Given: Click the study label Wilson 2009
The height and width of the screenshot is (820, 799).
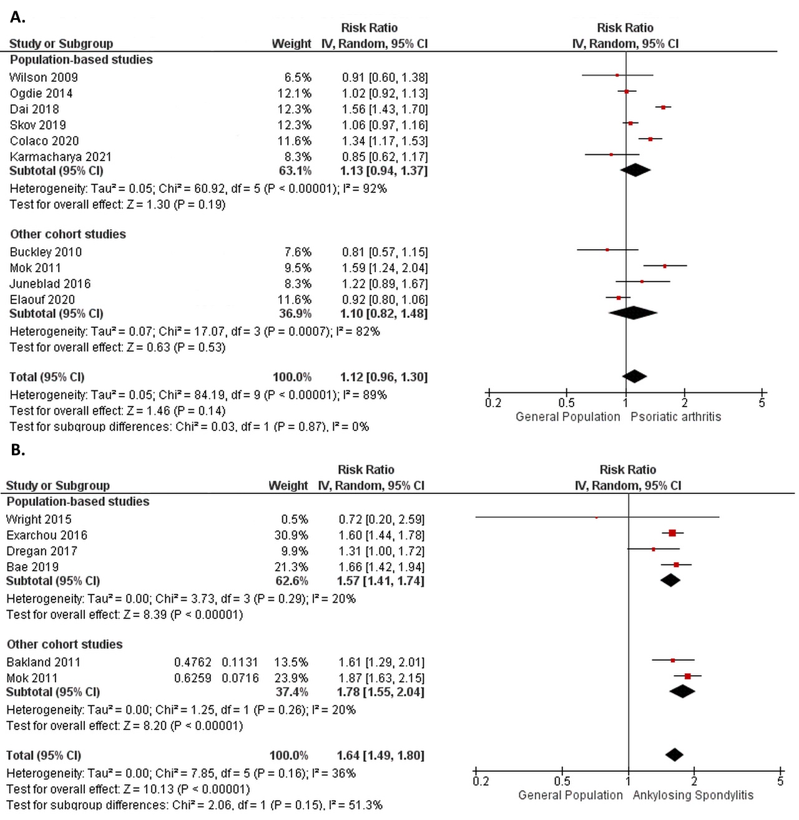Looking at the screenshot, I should tap(44, 77).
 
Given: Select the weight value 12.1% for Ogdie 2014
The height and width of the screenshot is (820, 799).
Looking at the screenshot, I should tap(295, 93).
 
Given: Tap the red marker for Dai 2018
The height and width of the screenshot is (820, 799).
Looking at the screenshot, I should tap(663, 107).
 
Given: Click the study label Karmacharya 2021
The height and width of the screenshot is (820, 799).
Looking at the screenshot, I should tap(61, 157).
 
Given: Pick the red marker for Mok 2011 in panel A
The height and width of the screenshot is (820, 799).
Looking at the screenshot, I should tap(665, 266).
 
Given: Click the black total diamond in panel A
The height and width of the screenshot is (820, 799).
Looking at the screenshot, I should tap(634, 376).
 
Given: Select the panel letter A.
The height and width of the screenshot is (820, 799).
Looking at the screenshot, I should tap(17, 17).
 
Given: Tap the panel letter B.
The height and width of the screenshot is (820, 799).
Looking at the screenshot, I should tap(17, 450).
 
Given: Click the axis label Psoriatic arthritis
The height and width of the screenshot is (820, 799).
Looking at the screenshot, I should tap(675, 417).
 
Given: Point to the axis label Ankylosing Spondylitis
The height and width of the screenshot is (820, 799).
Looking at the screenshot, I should tap(693, 795).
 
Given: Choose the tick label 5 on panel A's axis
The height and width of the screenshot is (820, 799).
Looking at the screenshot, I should tap(762, 403).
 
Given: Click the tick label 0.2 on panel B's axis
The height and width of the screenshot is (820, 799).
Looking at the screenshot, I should tap(481, 781).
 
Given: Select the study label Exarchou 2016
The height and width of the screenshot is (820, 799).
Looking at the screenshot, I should tap(47, 535).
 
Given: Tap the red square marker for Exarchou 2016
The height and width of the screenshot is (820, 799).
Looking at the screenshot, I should tap(672, 533).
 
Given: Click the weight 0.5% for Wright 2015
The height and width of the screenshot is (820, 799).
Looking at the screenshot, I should tap(295, 520).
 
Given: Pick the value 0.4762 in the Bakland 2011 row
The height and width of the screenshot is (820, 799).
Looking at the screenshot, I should tap(193, 662).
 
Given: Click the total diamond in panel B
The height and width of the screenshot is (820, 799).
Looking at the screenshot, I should tap(674, 754).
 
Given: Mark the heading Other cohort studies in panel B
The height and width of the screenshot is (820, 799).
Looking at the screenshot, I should tap(64, 645).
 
